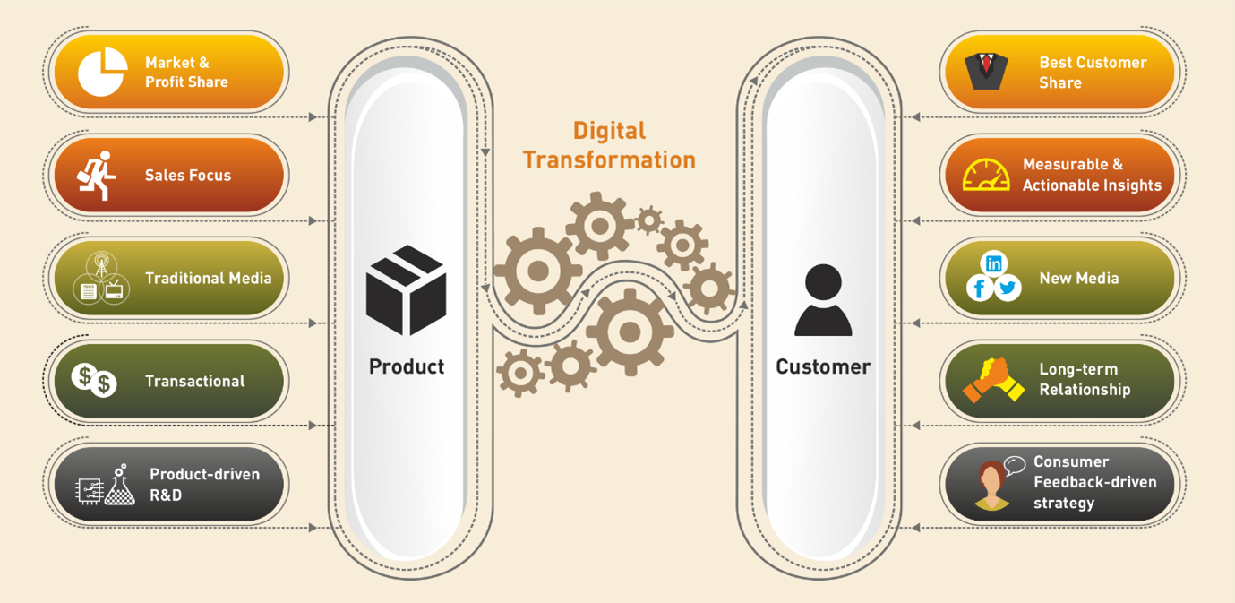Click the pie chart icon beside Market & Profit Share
[x=102, y=72]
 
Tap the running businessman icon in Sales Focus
[x=97, y=176]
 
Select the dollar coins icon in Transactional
[x=94, y=380]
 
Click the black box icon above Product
[x=406, y=290]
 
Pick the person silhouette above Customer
[x=823, y=300]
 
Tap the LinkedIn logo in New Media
[x=993, y=263]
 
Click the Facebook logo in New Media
[x=980, y=288]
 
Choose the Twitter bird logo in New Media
[x=1008, y=288]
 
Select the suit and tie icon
[x=986, y=72]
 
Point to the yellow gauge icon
[x=986, y=175]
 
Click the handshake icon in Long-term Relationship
[x=993, y=380]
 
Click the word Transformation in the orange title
[x=609, y=160]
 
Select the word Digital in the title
[x=609, y=132]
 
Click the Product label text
[x=407, y=366]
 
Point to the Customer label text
[x=823, y=366]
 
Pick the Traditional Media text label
[x=209, y=278]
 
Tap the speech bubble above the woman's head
[x=1015, y=464]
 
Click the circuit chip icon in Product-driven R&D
[x=90, y=490]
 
